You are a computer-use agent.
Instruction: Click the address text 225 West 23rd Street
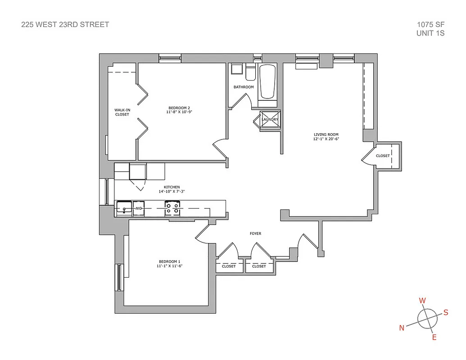pyautogui.click(x=65, y=25)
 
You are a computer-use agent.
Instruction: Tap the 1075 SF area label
pyautogui.click(x=431, y=25)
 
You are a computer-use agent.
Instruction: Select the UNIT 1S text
pyautogui.click(x=431, y=33)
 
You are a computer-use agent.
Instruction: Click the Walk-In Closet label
pyautogui.click(x=122, y=112)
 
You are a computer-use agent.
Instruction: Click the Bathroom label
pyautogui.click(x=243, y=87)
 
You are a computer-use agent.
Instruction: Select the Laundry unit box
pyautogui.click(x=270, y=119)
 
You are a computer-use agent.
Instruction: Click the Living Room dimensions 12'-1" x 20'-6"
pyautogui.click(x=326, y=139)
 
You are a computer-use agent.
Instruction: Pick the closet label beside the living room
pyautogui.click(x=383, y=156)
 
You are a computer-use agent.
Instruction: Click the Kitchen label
pyautogui.click(x=172, y=187)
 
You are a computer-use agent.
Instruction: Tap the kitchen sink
pyautogui.click(x=124, y=208)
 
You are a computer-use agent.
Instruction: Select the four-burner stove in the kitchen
pyautogui.click(x=172, y=208)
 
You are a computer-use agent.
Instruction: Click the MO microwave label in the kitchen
pyautogui.click(x=138, y=209)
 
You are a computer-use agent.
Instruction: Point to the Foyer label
pyautogui.click(x=255, y=234)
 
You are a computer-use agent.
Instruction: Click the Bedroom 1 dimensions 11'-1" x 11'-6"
pyautogui.click(x=169, y=266)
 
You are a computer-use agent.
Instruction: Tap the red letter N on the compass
pyautogui.click(x=402, y=328)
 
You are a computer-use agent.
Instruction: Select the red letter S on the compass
pyautogui.click(x=446, y=313)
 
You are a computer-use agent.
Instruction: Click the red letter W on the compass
pyautogui.click(x=422, y=300)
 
